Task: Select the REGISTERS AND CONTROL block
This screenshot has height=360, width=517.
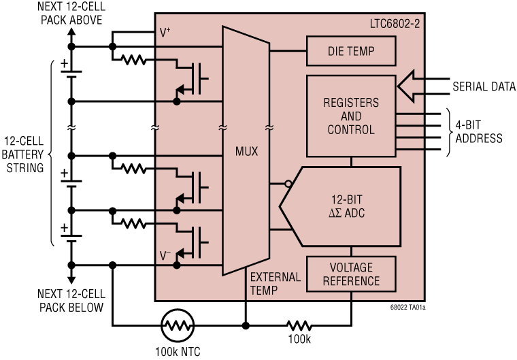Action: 351,116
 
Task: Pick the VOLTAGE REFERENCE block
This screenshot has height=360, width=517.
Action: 351,273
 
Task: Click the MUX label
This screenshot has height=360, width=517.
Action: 246,151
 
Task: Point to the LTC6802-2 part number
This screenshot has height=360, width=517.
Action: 393,24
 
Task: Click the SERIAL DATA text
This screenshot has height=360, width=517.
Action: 484,86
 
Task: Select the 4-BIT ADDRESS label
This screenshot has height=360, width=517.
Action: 479,132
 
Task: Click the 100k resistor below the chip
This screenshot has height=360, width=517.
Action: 299,325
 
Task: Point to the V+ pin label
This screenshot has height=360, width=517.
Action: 165,31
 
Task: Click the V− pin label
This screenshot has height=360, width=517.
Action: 165,255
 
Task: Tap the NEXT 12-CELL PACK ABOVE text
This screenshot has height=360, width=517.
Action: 71,14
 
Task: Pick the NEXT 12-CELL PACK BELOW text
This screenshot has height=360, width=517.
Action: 71,300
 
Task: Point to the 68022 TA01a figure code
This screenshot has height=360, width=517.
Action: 409,308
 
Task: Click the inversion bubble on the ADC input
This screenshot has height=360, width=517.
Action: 288,184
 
